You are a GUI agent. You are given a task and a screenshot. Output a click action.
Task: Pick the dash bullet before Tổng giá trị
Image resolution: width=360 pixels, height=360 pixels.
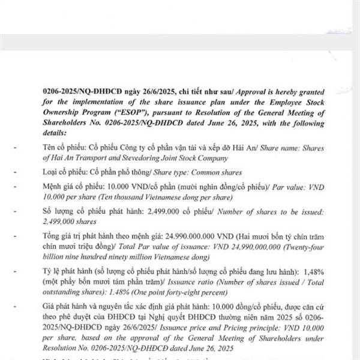point(16,235)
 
